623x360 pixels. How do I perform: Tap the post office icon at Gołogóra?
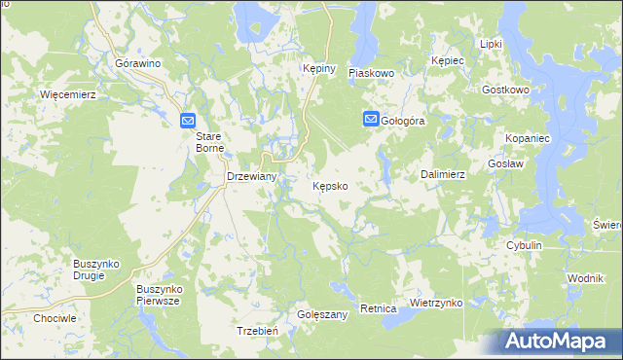click(371, 120)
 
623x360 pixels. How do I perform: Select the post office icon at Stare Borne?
click(189, 120)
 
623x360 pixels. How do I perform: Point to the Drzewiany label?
click(252, 176)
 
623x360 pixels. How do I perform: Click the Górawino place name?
click(137, 63)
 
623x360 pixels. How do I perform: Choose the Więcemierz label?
click(66, 95)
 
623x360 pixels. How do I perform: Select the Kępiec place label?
click(449, 60)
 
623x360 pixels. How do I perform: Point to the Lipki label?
click(491, 44)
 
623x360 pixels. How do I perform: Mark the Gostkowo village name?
click(505, 90)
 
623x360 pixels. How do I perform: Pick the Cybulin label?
click(523, 245)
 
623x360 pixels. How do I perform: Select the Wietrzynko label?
click(435, 303)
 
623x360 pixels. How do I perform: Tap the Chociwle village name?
click(55, 318)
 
